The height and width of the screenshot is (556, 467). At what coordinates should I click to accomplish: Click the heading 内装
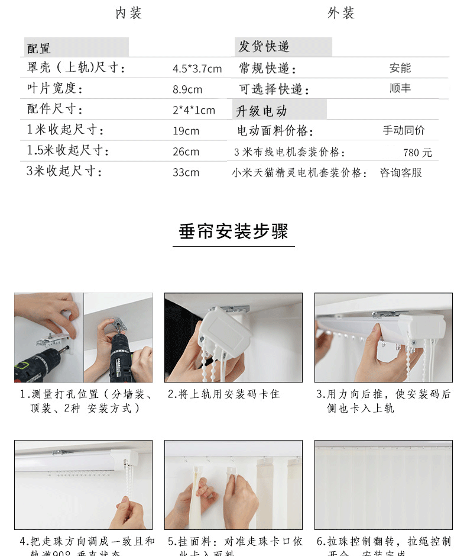128,13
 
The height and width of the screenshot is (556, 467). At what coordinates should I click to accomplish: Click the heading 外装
341,13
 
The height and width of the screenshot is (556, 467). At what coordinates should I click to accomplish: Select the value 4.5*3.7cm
197,69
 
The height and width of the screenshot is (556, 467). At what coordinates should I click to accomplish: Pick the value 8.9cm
187,89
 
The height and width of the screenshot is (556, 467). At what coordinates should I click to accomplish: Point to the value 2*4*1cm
194,110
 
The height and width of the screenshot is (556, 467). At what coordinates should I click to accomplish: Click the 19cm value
186,131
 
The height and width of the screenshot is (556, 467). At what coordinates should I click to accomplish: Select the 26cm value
186,152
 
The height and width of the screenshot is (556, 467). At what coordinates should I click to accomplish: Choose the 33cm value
186,172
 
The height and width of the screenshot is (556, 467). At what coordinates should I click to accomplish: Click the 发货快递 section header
264,47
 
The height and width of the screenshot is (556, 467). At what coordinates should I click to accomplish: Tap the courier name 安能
400,68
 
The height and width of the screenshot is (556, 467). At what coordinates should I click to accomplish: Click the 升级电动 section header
261,111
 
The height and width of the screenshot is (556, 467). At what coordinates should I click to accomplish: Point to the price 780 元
417,153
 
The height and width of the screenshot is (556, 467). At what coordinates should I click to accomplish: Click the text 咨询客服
401,173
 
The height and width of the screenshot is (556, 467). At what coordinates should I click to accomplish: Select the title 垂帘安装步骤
234,232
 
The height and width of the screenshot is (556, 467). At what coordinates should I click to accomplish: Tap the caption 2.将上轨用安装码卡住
223,394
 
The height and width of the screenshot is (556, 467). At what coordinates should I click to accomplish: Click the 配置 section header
39,49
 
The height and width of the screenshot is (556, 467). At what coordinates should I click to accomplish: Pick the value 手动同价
403,131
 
